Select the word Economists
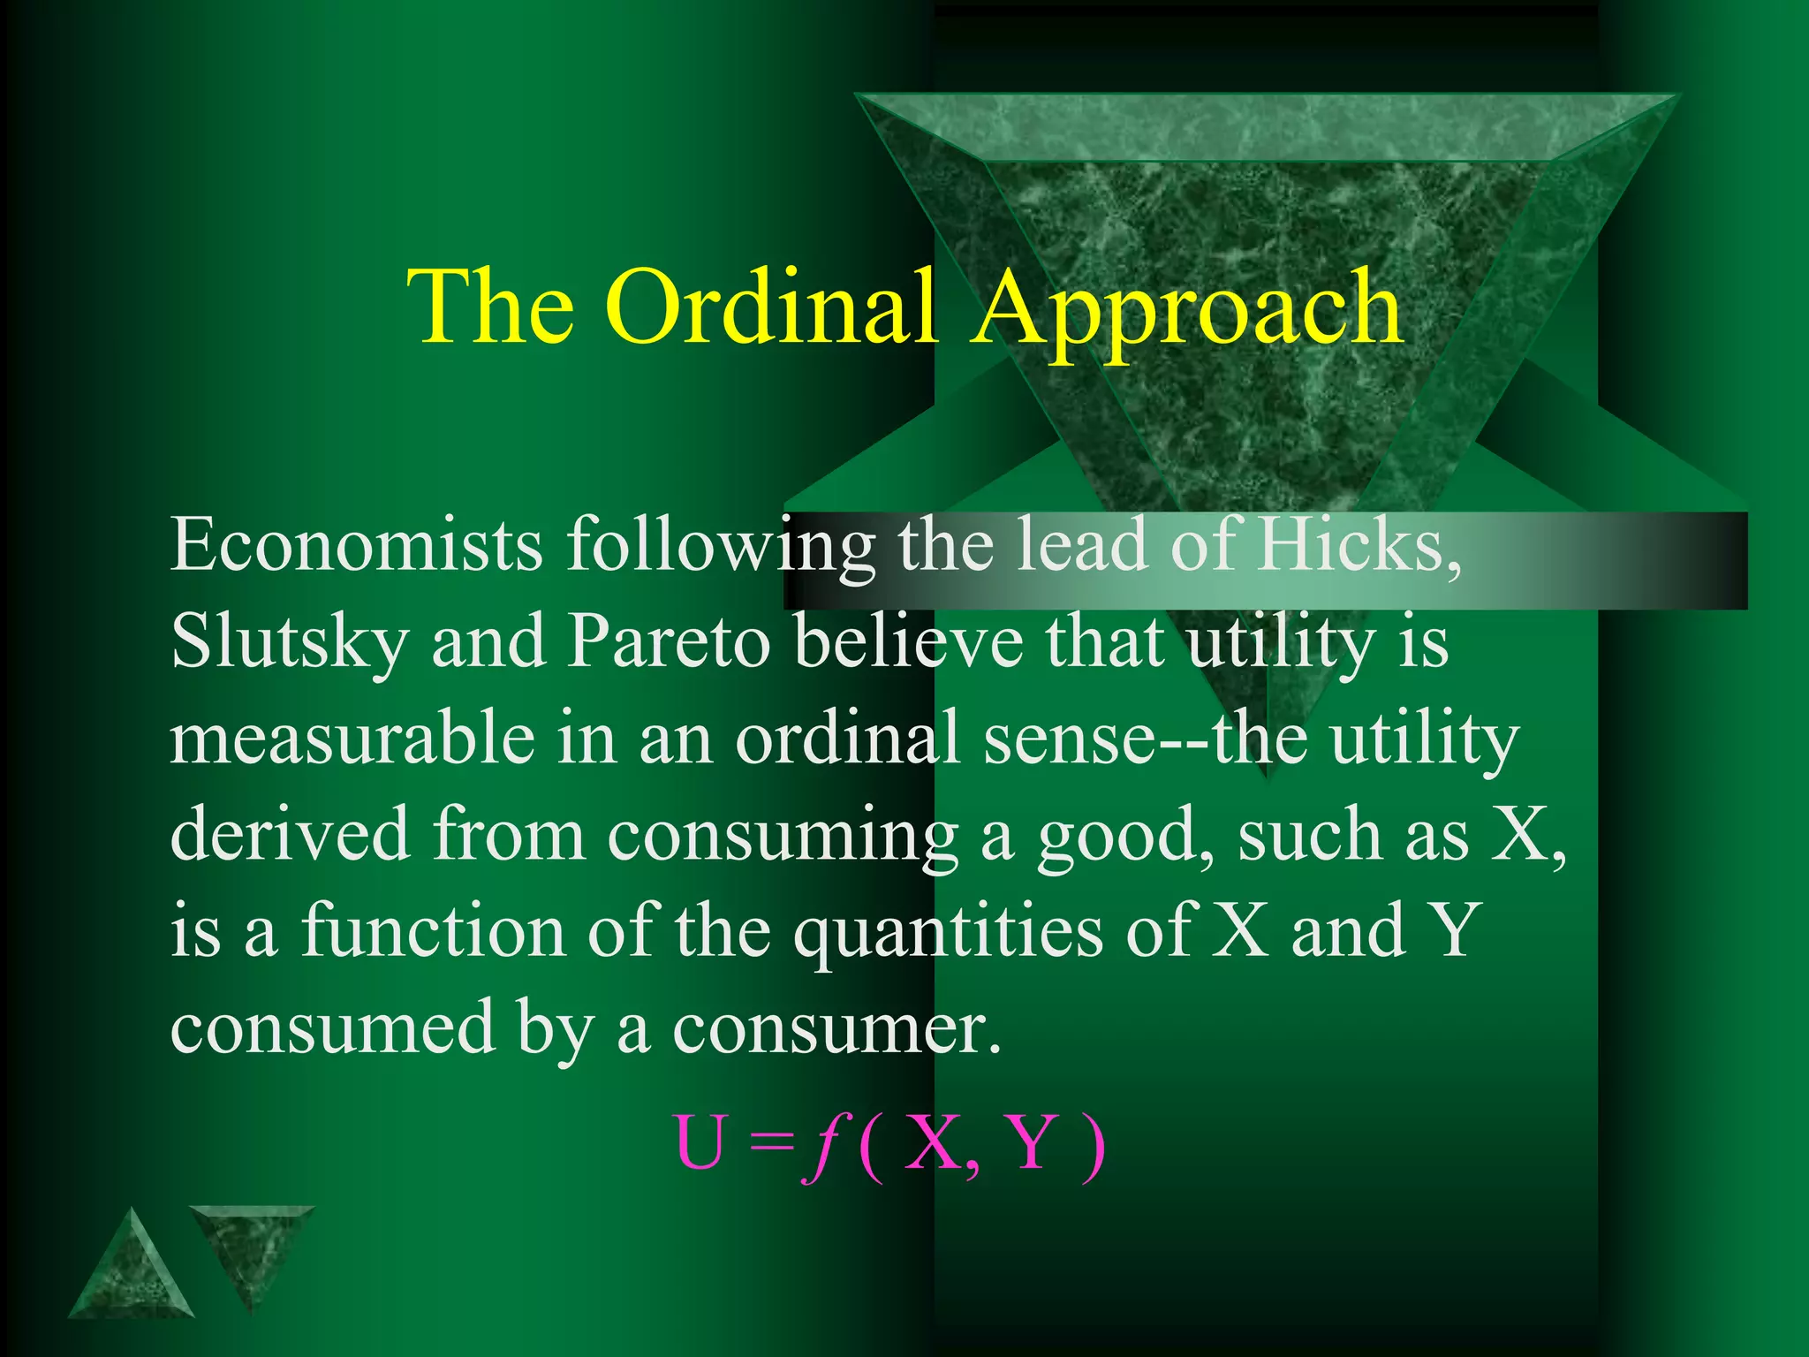click(x=356, y=545)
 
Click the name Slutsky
click(x=289, y=642)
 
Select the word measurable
click(x=352, y=739)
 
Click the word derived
click(x=290, y=834)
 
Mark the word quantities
click(x=947, y=933)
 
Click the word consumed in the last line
click(x=332, y=1027)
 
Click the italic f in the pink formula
click(x=821, y=1145)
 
